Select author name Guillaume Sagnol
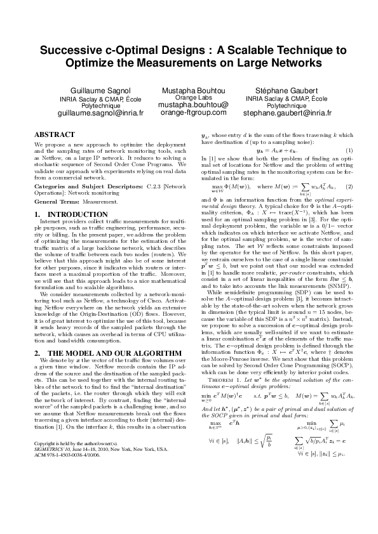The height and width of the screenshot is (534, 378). tap(100, 91)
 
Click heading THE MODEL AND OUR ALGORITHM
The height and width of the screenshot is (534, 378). tap(97, 353)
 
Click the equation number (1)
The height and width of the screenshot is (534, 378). tap(349, 167)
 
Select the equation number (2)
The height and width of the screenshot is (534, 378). tap(349, 186)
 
